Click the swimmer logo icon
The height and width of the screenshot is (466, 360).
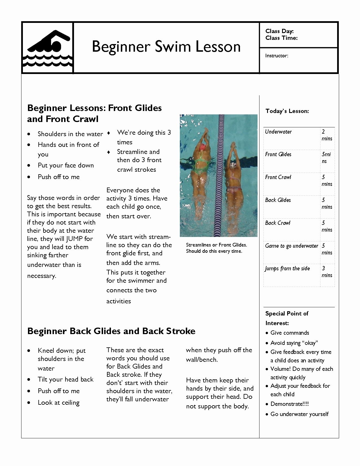point(47,48)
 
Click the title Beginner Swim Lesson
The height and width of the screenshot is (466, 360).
point(166,47)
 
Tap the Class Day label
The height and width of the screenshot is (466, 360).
point(279,31)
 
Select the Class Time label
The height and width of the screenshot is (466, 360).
point(281,38)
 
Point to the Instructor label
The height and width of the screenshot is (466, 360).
point(276,56)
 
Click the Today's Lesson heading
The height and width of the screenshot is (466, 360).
point(287,111)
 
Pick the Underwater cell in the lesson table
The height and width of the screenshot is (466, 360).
point(278,132)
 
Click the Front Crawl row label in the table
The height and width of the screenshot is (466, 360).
point(278,177)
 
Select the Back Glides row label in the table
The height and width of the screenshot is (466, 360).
point(278,200)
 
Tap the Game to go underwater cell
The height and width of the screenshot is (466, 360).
point(291,246)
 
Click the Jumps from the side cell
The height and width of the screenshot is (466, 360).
point(287,268)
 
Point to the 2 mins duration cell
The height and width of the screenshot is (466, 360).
point(327,135)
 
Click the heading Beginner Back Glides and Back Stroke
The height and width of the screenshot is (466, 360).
point(111,331)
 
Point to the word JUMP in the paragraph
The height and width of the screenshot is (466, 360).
point(74,239)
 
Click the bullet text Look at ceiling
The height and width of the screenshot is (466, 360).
point(58,402)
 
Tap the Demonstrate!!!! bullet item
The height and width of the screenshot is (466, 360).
point(289,404)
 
